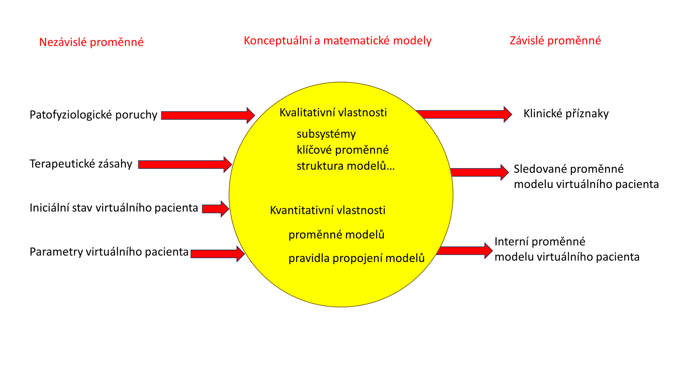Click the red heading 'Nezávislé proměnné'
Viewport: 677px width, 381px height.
pyautogui.click(x=91, y=42)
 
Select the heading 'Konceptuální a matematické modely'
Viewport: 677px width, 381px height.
pyautogui.click(x=338, y=41)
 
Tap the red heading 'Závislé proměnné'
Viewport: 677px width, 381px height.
pyautogui.click(x=555, y=41)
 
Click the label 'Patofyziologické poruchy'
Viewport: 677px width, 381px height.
pyautogui.click(x=94, y=115)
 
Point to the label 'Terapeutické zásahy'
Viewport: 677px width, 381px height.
pyautogui.click(x=81, y=164)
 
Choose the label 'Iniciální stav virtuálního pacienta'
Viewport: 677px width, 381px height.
pyautogui.click(x=114, y=208)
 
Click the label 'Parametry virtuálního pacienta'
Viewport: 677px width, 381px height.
pyautogui.click(x=109, y=252)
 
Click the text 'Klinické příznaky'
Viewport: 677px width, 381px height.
pyautogui.click(x=566, y=113)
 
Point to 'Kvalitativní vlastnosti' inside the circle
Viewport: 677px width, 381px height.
pyautogui.click(x=333, y=113)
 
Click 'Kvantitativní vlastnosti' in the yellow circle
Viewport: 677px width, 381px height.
pyautogui.click(x=328, y=210)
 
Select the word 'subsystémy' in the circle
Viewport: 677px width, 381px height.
pyautogui.click(x=326, y=134)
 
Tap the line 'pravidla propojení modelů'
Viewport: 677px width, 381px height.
pyautogui.click(x=357, y=258)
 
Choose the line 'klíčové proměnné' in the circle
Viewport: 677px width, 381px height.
pyautogui.click(x=343, y=150)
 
